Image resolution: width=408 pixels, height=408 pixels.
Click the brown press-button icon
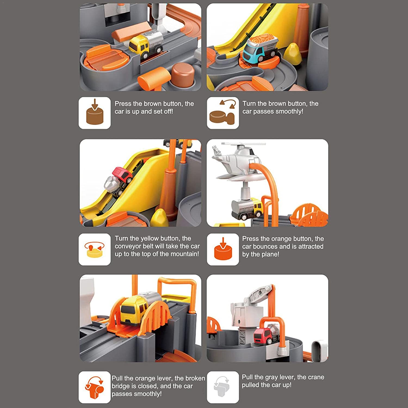click(x=94, y=113)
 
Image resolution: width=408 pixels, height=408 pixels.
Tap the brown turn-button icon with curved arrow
click(x=222, y=113)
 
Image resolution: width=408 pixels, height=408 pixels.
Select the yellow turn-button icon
click(x=94, y=249)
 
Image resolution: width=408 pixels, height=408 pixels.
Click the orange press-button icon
click(x=222, y=249)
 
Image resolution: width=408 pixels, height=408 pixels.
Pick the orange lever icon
click(x=94, y=387)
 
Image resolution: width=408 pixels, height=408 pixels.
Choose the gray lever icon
click(x=222, y=387)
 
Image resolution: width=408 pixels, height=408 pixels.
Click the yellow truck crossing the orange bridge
click(x=133, y=310)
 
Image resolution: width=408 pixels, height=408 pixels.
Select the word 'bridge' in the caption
click(x=120, y=386)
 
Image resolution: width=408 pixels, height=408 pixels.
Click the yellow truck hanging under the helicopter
click(x=246, y=208)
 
